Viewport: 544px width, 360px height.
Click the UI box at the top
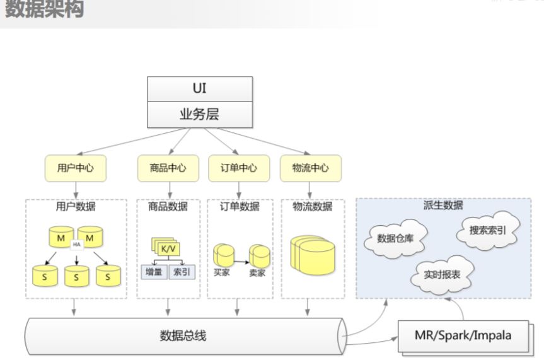click(199, 88)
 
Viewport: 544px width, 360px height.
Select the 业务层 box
click(199, 113)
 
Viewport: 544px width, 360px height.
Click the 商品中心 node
click(168, 168)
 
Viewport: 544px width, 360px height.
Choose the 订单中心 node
click(238, 168)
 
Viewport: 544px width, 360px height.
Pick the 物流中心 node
click(310, 168)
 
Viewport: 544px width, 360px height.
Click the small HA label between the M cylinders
click(77, 244)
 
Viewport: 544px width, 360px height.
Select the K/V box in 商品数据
click(168, 248)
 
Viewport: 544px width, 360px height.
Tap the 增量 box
click(153, 272)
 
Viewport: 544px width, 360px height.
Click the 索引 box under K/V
click(182, 272)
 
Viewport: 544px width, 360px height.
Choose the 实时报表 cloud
click(441, 276)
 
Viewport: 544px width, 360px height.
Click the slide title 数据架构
click(44, 9)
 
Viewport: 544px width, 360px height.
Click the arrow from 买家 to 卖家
click(241, 259)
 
